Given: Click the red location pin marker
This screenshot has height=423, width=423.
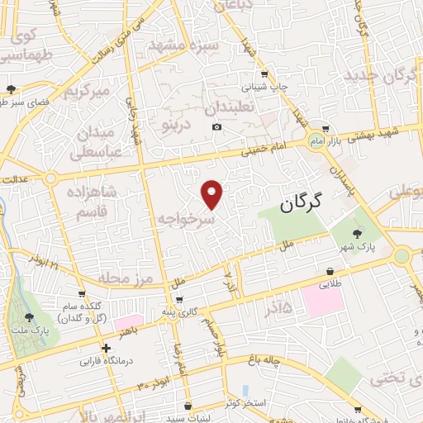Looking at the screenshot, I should click(213, 194).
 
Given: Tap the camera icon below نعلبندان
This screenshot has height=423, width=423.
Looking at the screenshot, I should click(216, 126).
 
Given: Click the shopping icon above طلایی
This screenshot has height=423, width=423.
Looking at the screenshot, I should click(330, 270).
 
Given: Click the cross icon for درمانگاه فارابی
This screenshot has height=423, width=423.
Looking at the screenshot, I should click(106, 348).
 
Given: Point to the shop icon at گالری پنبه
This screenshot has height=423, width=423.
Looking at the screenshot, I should click(178, 299).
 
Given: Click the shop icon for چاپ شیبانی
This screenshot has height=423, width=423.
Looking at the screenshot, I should click(264, 73).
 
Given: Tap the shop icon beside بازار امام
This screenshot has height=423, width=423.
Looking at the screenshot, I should click(326, 128).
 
